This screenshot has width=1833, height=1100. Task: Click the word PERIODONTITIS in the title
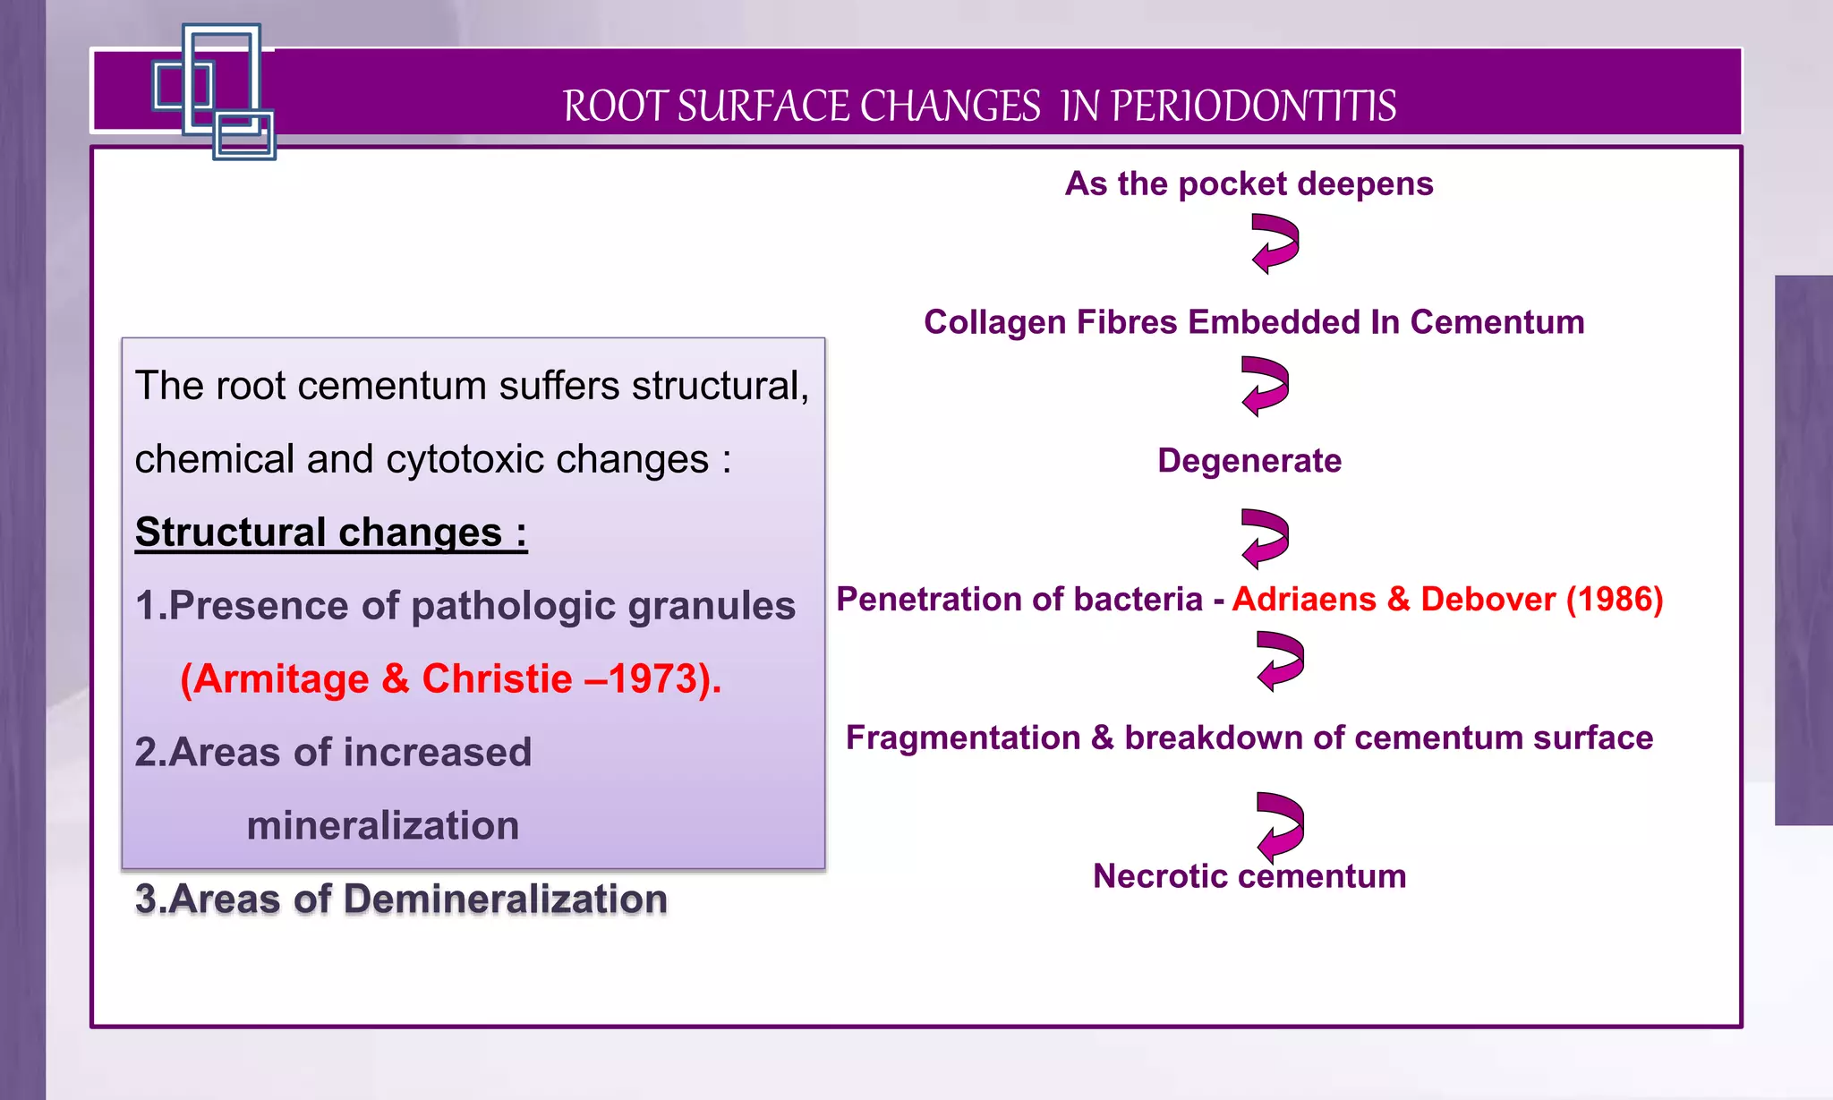point(1253,106)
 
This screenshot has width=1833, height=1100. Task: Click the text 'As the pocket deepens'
point(1249,183)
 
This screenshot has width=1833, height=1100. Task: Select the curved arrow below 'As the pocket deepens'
point(1275,243)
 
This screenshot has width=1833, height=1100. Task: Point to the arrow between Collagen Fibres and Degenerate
point(1266,386)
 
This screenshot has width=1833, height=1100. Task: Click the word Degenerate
point(1249,461)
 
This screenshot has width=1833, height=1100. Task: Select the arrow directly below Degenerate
point(1266,539)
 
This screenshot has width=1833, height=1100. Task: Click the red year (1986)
point(1615,599)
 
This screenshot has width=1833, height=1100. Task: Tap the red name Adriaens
point(1303,599)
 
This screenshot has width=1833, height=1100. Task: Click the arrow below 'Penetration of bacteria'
point(1280,661)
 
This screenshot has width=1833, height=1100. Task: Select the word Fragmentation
point(963,738)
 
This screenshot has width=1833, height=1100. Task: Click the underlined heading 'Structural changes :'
point(331,533)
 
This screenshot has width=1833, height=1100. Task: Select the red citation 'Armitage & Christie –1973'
point(450,678)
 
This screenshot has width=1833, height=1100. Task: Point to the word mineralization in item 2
point(382,825)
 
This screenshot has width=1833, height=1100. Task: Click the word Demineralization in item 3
point(505,899)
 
